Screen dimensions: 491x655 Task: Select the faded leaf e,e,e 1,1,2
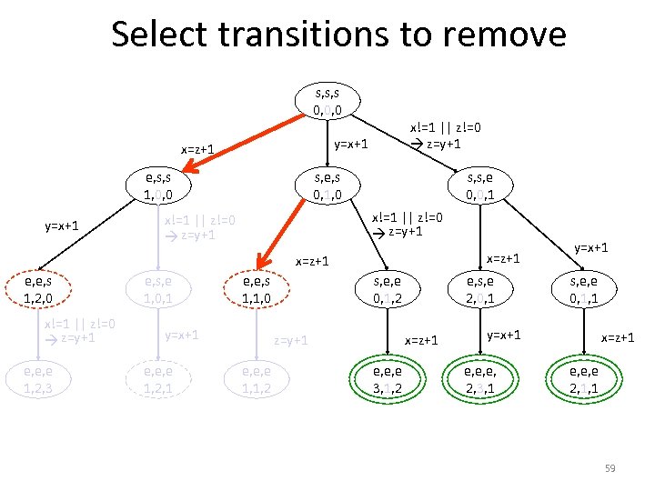click(255, 381)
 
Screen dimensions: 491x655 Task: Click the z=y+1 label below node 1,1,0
click(293, 340)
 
